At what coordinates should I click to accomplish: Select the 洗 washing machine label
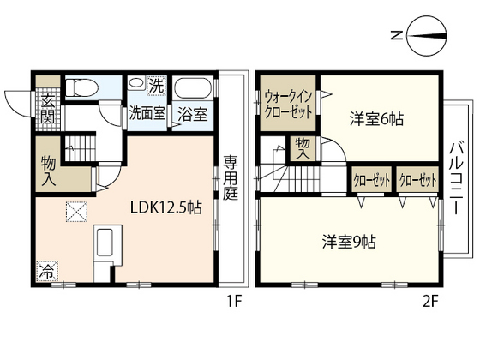click(157, 85)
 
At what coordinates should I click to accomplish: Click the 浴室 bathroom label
click(191, 113)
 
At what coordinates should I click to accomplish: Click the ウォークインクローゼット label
click(289, 106)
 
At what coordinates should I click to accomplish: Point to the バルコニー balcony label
click(457, 179)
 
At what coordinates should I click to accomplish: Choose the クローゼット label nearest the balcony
click(417, 182)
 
